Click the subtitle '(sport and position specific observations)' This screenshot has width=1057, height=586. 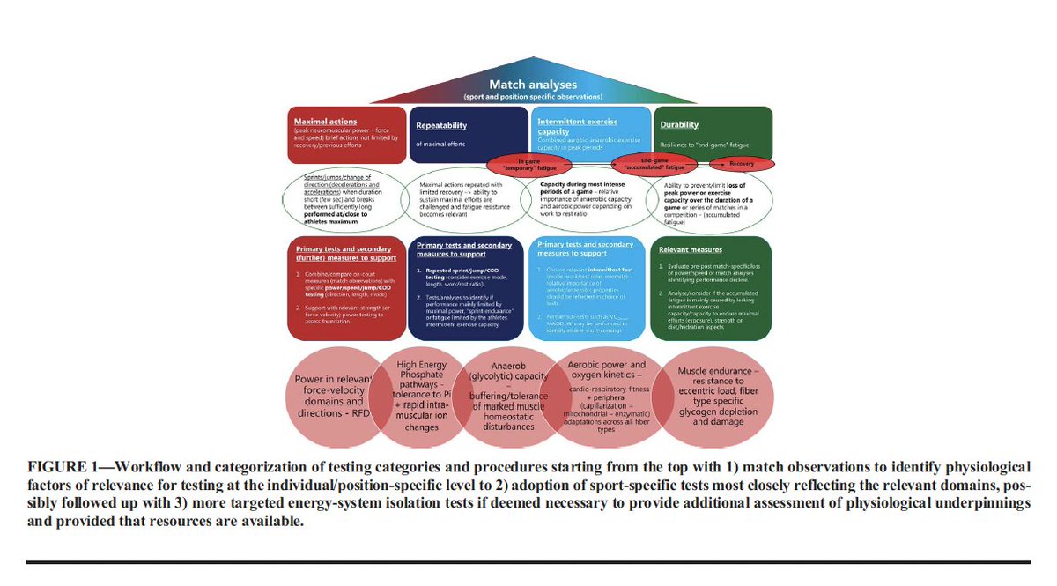[532, 95]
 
